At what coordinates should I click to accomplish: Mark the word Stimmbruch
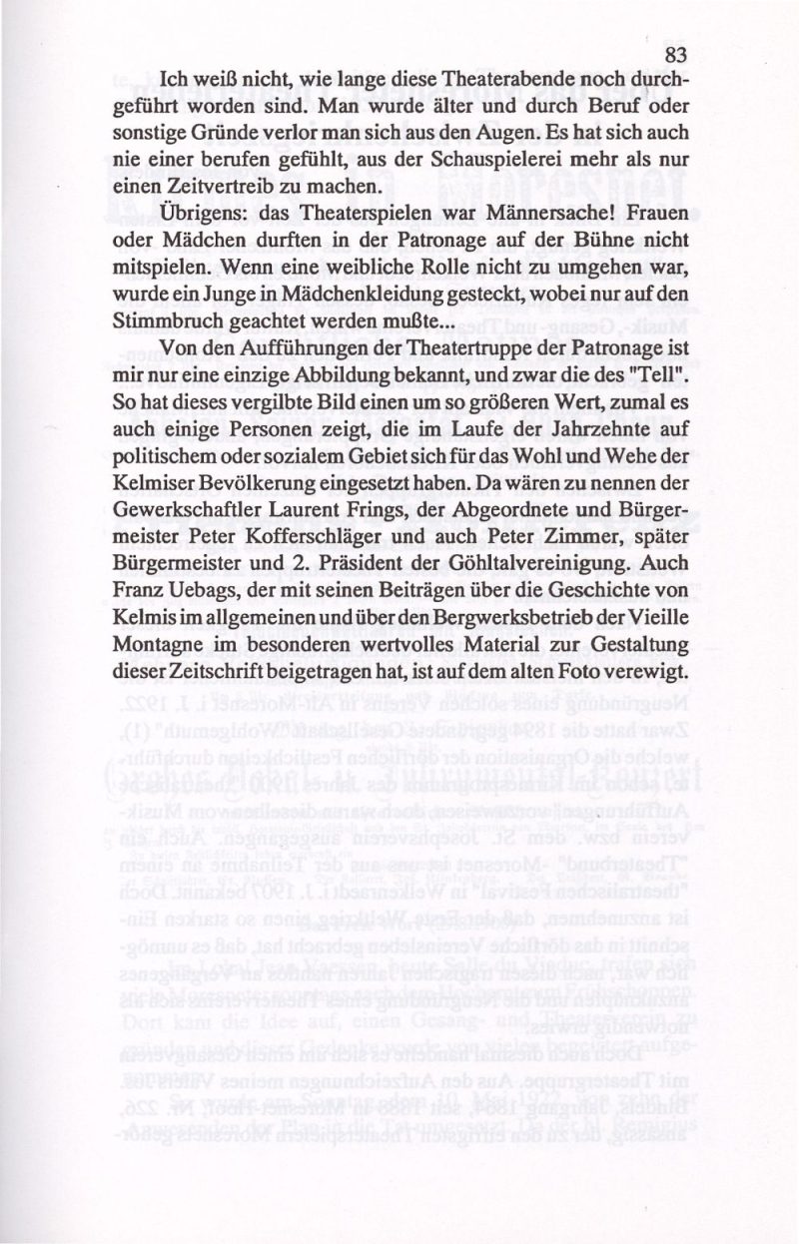[x=163, y=320]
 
